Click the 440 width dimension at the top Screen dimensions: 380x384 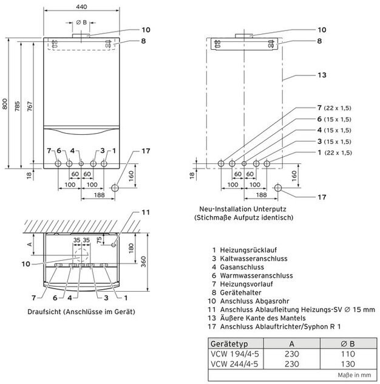pyautogui.click(x=82, y=5)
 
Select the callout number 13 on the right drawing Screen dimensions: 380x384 pyautogui.click(x=322, y=75)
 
